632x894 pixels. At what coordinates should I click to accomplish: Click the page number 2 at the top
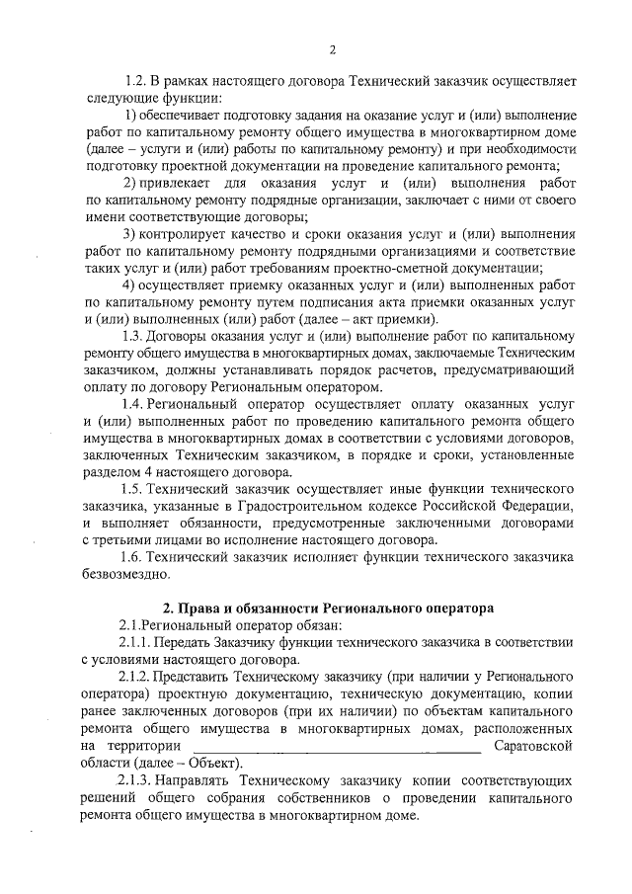click(333, 49)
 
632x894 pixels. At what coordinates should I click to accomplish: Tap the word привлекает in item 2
click(172, 185)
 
